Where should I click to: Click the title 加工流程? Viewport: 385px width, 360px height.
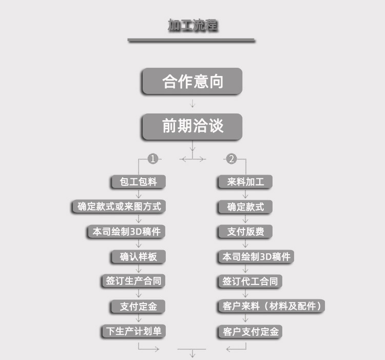click(192, 25)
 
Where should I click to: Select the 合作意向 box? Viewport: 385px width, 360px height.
click(192, 81)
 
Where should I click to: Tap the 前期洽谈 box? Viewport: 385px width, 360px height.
click(192, 126)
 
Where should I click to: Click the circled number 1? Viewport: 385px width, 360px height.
click(152, 159)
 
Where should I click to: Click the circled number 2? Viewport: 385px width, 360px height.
click(232, 159)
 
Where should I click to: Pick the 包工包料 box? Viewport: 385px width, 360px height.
click(138, 182)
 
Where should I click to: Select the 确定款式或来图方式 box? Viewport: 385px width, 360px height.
click(119, 206)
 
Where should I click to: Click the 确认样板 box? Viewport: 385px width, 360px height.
click(138, 257)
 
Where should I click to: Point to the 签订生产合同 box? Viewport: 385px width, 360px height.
click(133, 281)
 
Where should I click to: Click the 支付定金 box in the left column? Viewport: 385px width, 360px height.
click(138, 307)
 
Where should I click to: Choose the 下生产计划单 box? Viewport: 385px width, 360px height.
click(133, 331)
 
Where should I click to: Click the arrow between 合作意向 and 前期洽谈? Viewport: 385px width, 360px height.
click(192, 104)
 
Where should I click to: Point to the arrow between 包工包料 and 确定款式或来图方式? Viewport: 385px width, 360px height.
click(138, 194)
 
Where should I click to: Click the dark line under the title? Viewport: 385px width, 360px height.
click(191, 40)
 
